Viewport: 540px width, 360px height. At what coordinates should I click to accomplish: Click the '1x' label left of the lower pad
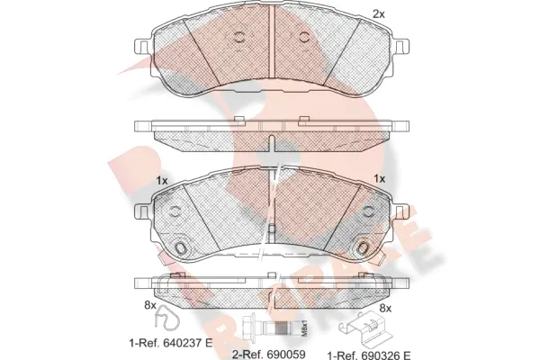point(163,181)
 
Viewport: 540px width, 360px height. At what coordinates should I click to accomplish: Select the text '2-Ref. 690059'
point(267,355)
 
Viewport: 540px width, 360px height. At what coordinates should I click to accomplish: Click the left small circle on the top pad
point(239,37)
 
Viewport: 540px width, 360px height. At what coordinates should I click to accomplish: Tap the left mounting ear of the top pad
point(140,47)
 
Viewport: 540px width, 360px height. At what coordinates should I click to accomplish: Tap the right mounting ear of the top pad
point(401,47)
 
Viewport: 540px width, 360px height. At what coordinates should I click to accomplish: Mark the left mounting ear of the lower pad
point(140,211)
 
